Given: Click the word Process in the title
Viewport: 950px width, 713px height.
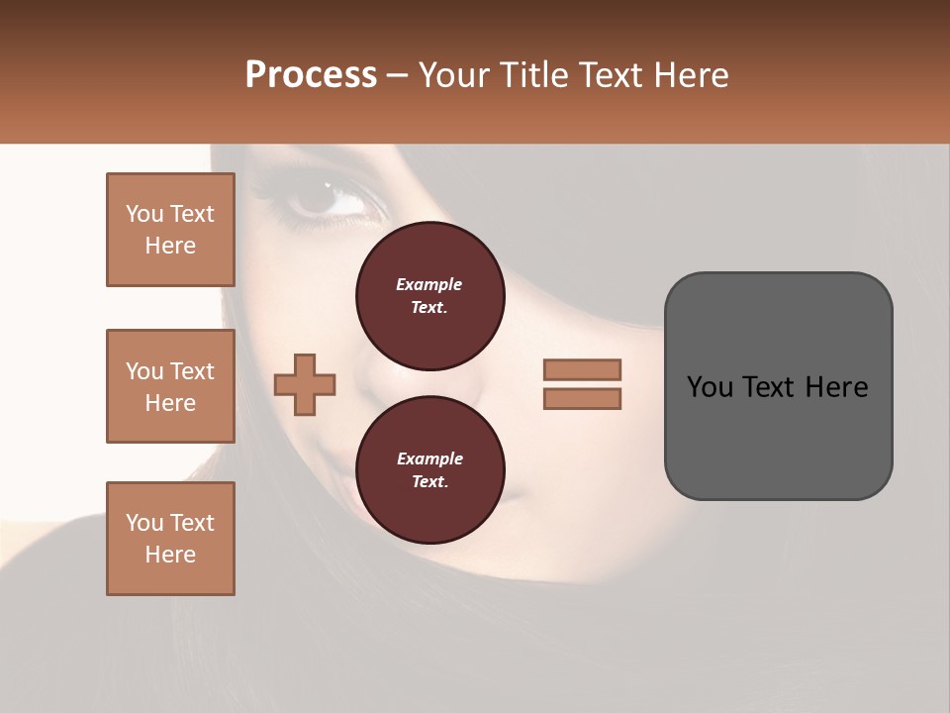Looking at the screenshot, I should [311, 75].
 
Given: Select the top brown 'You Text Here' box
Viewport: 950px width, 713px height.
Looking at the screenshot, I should [170, 230].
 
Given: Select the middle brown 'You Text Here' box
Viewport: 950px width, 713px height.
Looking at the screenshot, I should [170, 386].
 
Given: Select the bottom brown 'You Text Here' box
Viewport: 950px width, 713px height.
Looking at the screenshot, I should [170, 538].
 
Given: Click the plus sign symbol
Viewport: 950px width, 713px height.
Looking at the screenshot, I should [305, 385].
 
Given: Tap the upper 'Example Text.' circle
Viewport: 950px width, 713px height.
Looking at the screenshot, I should [429, 295].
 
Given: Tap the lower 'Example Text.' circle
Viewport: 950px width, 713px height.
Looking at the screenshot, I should [429, 469].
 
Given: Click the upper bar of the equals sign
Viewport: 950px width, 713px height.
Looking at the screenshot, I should [582, 369].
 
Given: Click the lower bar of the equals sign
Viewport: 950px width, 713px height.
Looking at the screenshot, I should [582, 399].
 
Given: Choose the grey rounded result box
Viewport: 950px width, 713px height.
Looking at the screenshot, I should [778, 385].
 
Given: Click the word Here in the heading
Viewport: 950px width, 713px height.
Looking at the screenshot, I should [689, 75].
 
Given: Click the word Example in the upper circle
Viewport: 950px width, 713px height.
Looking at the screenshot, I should [429, 284].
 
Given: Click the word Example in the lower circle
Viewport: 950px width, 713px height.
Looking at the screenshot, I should [429, 458].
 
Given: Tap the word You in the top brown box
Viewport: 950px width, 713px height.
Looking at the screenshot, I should [144, 214].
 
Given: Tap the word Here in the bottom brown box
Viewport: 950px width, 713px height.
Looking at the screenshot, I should [170, 555].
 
